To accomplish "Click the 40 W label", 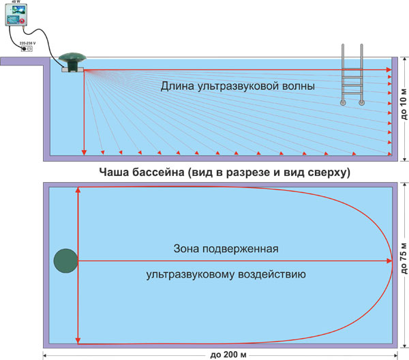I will [15, 3].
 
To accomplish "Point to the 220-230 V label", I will [28, 42].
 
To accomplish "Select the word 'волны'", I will [297, 87].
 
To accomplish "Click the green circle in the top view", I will [65, 260].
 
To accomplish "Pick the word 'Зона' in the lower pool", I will [189, 249].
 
